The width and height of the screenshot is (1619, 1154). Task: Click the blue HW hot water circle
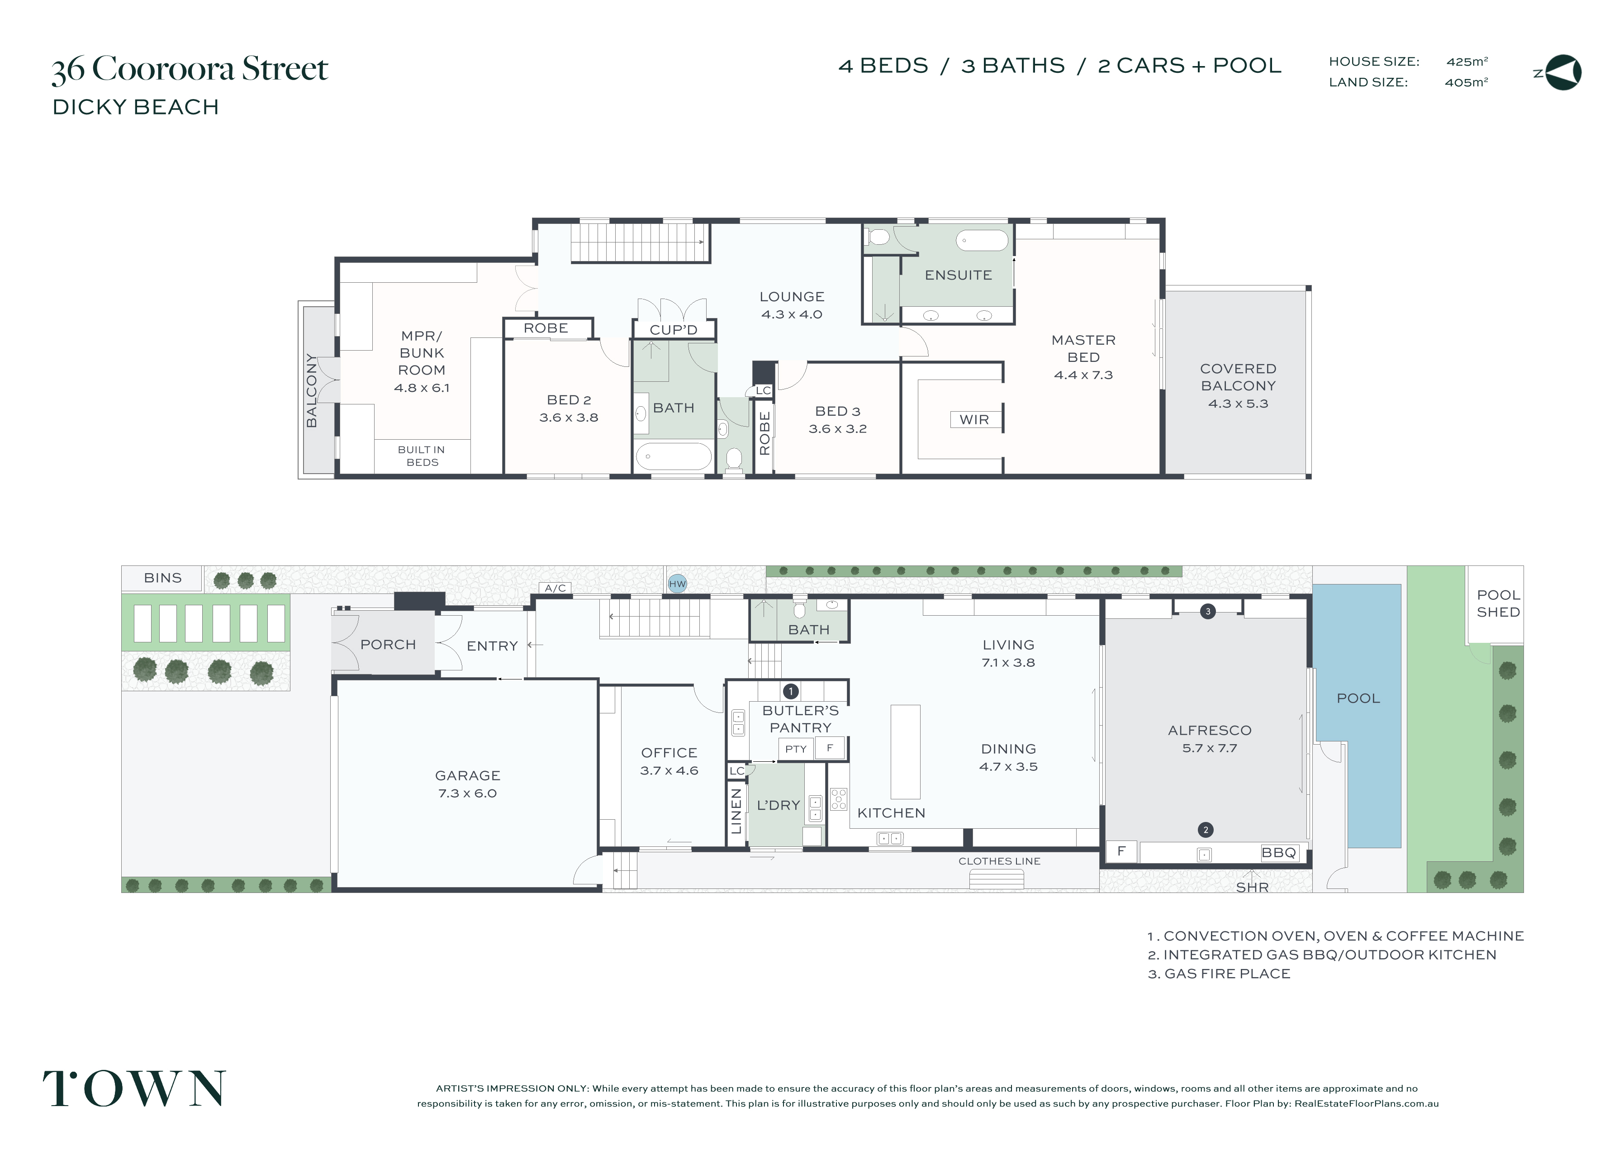(677, 584)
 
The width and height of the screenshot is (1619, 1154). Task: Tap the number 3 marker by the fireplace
(1208, 611)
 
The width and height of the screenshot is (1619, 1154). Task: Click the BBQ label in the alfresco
(1279, 853)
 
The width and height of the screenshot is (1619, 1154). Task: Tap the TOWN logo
(134, 1088)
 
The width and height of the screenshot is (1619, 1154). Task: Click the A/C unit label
(555, 588)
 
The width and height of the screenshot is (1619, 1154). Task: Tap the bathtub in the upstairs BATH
(674, 456)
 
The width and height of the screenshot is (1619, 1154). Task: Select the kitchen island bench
(905, 752)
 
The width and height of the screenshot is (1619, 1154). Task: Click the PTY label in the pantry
(796, 749)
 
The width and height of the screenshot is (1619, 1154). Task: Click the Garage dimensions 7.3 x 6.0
(467, 793)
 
